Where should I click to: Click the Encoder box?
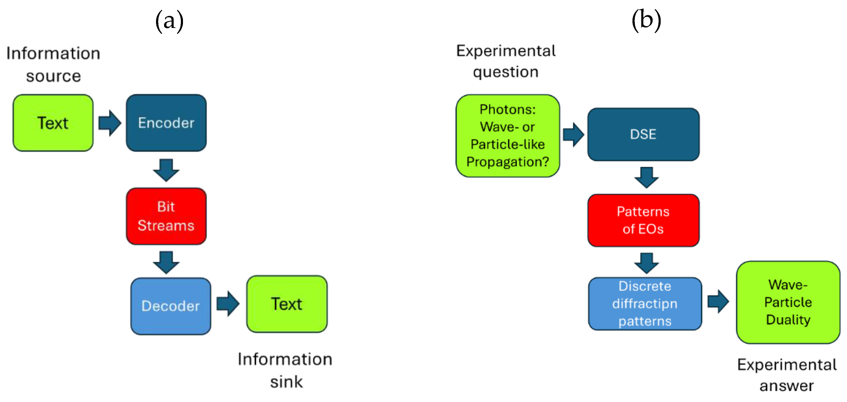166,123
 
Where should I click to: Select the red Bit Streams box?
166,216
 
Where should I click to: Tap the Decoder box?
170,306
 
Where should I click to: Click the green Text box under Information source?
53,123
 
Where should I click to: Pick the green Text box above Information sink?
286,304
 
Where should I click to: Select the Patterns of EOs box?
643,220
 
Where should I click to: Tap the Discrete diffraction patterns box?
645,304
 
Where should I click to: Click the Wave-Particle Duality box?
788,302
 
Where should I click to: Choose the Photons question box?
507,136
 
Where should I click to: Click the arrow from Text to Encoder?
110,123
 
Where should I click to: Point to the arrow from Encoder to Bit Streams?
166,170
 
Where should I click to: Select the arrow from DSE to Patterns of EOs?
646,177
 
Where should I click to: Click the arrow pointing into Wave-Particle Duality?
718,301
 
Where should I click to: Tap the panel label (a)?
169,21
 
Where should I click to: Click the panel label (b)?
646,20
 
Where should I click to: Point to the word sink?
286,382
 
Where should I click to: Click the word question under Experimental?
505,72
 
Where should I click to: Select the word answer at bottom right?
786,385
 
